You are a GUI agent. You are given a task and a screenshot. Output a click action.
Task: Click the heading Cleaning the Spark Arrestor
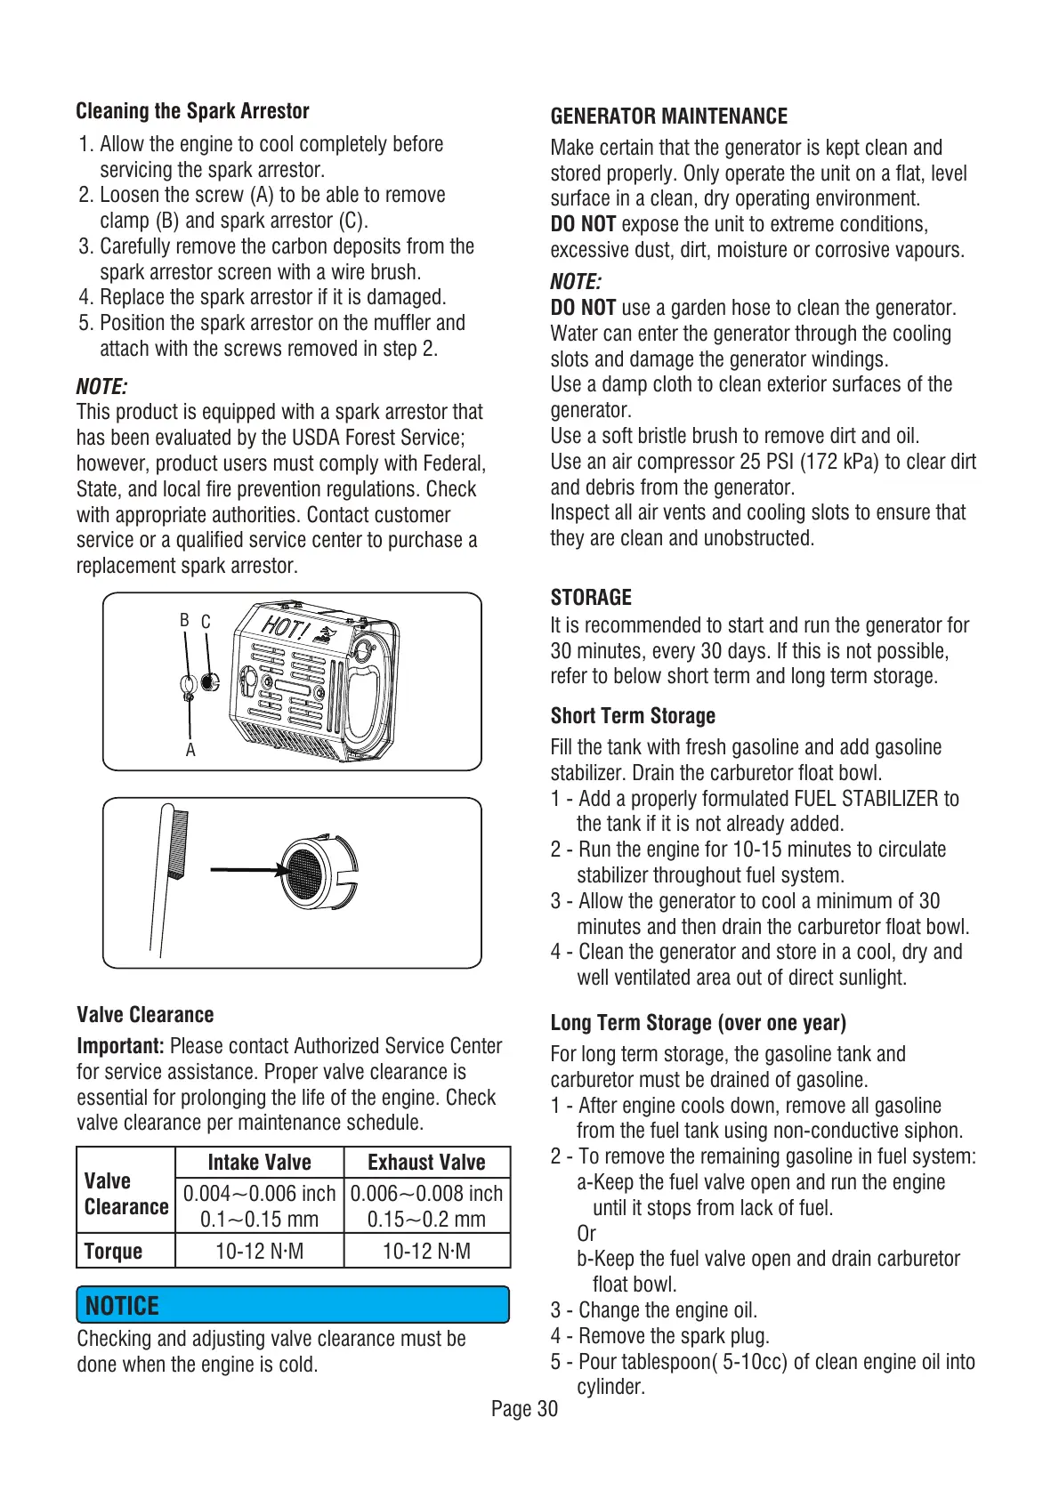[192, 111]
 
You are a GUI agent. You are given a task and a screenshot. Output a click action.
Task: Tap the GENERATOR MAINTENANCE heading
[668, 117]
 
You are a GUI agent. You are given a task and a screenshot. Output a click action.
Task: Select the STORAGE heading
[591, 597]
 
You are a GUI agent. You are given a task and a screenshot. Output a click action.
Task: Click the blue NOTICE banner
[293, 1305]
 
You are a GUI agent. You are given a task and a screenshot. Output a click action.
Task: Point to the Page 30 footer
[524, 1409]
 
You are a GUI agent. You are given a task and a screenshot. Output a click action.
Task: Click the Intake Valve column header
[259, 1163]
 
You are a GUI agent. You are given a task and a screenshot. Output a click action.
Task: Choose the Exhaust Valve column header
[426, 1163]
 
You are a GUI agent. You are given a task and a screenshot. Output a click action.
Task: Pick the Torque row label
[113, 1251]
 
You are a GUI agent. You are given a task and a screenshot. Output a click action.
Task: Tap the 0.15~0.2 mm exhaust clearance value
[426, 1219]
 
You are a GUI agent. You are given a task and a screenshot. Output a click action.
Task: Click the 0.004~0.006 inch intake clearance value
[259, 1193]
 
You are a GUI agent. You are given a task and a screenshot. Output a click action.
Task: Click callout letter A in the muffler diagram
[190, 750]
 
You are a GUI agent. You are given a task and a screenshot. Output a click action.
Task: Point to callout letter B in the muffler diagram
[184, 620]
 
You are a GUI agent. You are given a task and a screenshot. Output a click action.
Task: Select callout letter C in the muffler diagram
[206, 622]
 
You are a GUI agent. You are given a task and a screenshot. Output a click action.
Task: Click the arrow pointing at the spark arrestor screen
[244, 870]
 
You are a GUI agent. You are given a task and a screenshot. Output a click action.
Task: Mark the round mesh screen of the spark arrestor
[303, 871]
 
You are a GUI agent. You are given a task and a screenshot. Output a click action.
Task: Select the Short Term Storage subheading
[633, 716]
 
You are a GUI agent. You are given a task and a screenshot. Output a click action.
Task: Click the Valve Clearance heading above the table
[145, 1015]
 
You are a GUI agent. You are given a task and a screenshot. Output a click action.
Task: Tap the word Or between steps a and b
[586, 1234]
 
